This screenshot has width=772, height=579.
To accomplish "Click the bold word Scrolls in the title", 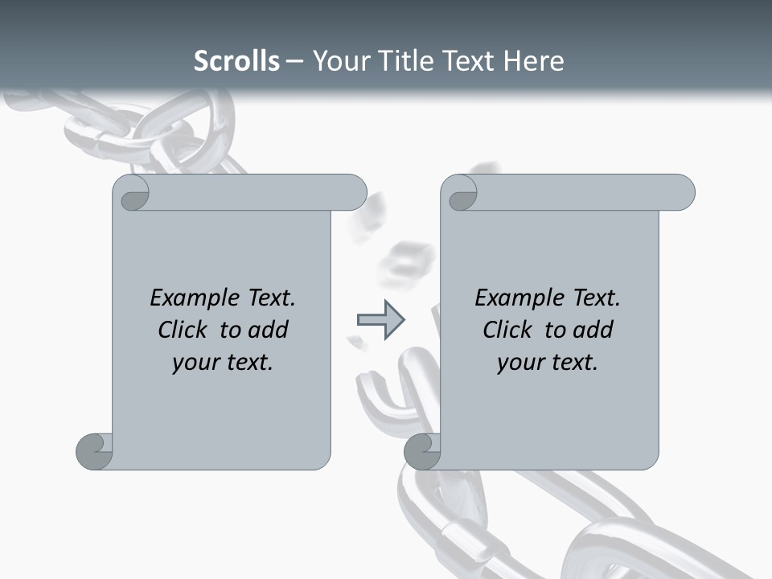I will [236, 61].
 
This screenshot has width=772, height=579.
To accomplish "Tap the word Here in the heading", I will [533, 61].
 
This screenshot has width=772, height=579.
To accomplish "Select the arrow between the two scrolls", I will [380, 320].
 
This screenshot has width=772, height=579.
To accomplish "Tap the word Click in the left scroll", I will [183, 330].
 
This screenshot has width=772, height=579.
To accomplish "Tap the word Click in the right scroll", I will [508, 330].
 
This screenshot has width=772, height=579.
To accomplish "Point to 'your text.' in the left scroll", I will [223, 362].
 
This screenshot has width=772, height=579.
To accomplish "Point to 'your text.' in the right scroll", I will [548, 362].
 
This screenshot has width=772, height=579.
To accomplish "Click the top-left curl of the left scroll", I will [131, 193].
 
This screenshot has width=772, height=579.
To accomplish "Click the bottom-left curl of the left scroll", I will [94, 451].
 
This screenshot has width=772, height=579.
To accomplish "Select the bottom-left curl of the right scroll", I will [422, 451].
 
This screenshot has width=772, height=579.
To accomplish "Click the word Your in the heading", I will [339, 61].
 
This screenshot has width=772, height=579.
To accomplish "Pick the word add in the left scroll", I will [268, 330].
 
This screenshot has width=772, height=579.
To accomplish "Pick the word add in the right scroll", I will [593, 330].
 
